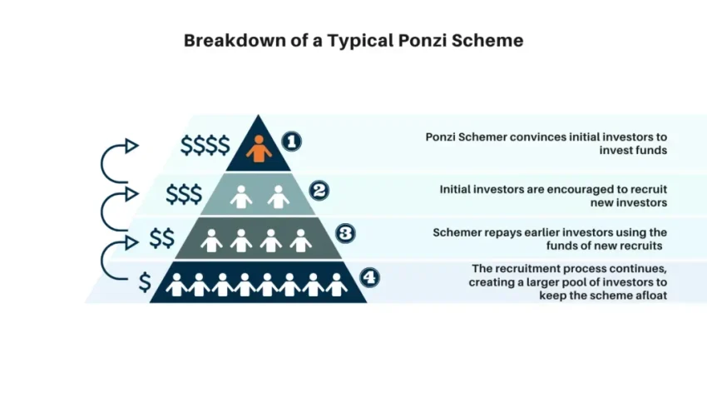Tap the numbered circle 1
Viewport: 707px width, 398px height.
[291, 142]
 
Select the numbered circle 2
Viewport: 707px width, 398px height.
[319, 190]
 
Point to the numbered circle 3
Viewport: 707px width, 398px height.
[345, 233]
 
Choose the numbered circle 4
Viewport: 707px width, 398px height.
[370, 276]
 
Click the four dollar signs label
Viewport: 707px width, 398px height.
[205, 146]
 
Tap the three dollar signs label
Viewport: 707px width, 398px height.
[184, 194]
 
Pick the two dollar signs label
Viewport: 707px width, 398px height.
[162, 239]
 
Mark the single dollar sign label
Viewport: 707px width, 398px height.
[145, 282]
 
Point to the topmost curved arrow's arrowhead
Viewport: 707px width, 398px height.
[131, 146]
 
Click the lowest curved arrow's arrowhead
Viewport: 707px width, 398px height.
[131, 241]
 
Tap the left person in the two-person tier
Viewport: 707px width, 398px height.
[240, 197]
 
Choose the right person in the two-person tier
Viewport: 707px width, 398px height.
[279, 197]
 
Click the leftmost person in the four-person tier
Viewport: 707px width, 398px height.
[211, 241]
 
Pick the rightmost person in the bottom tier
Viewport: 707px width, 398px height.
[337, 285]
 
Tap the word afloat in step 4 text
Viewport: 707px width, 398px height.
[650, 296]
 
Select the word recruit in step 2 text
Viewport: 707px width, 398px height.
[648, 189]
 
